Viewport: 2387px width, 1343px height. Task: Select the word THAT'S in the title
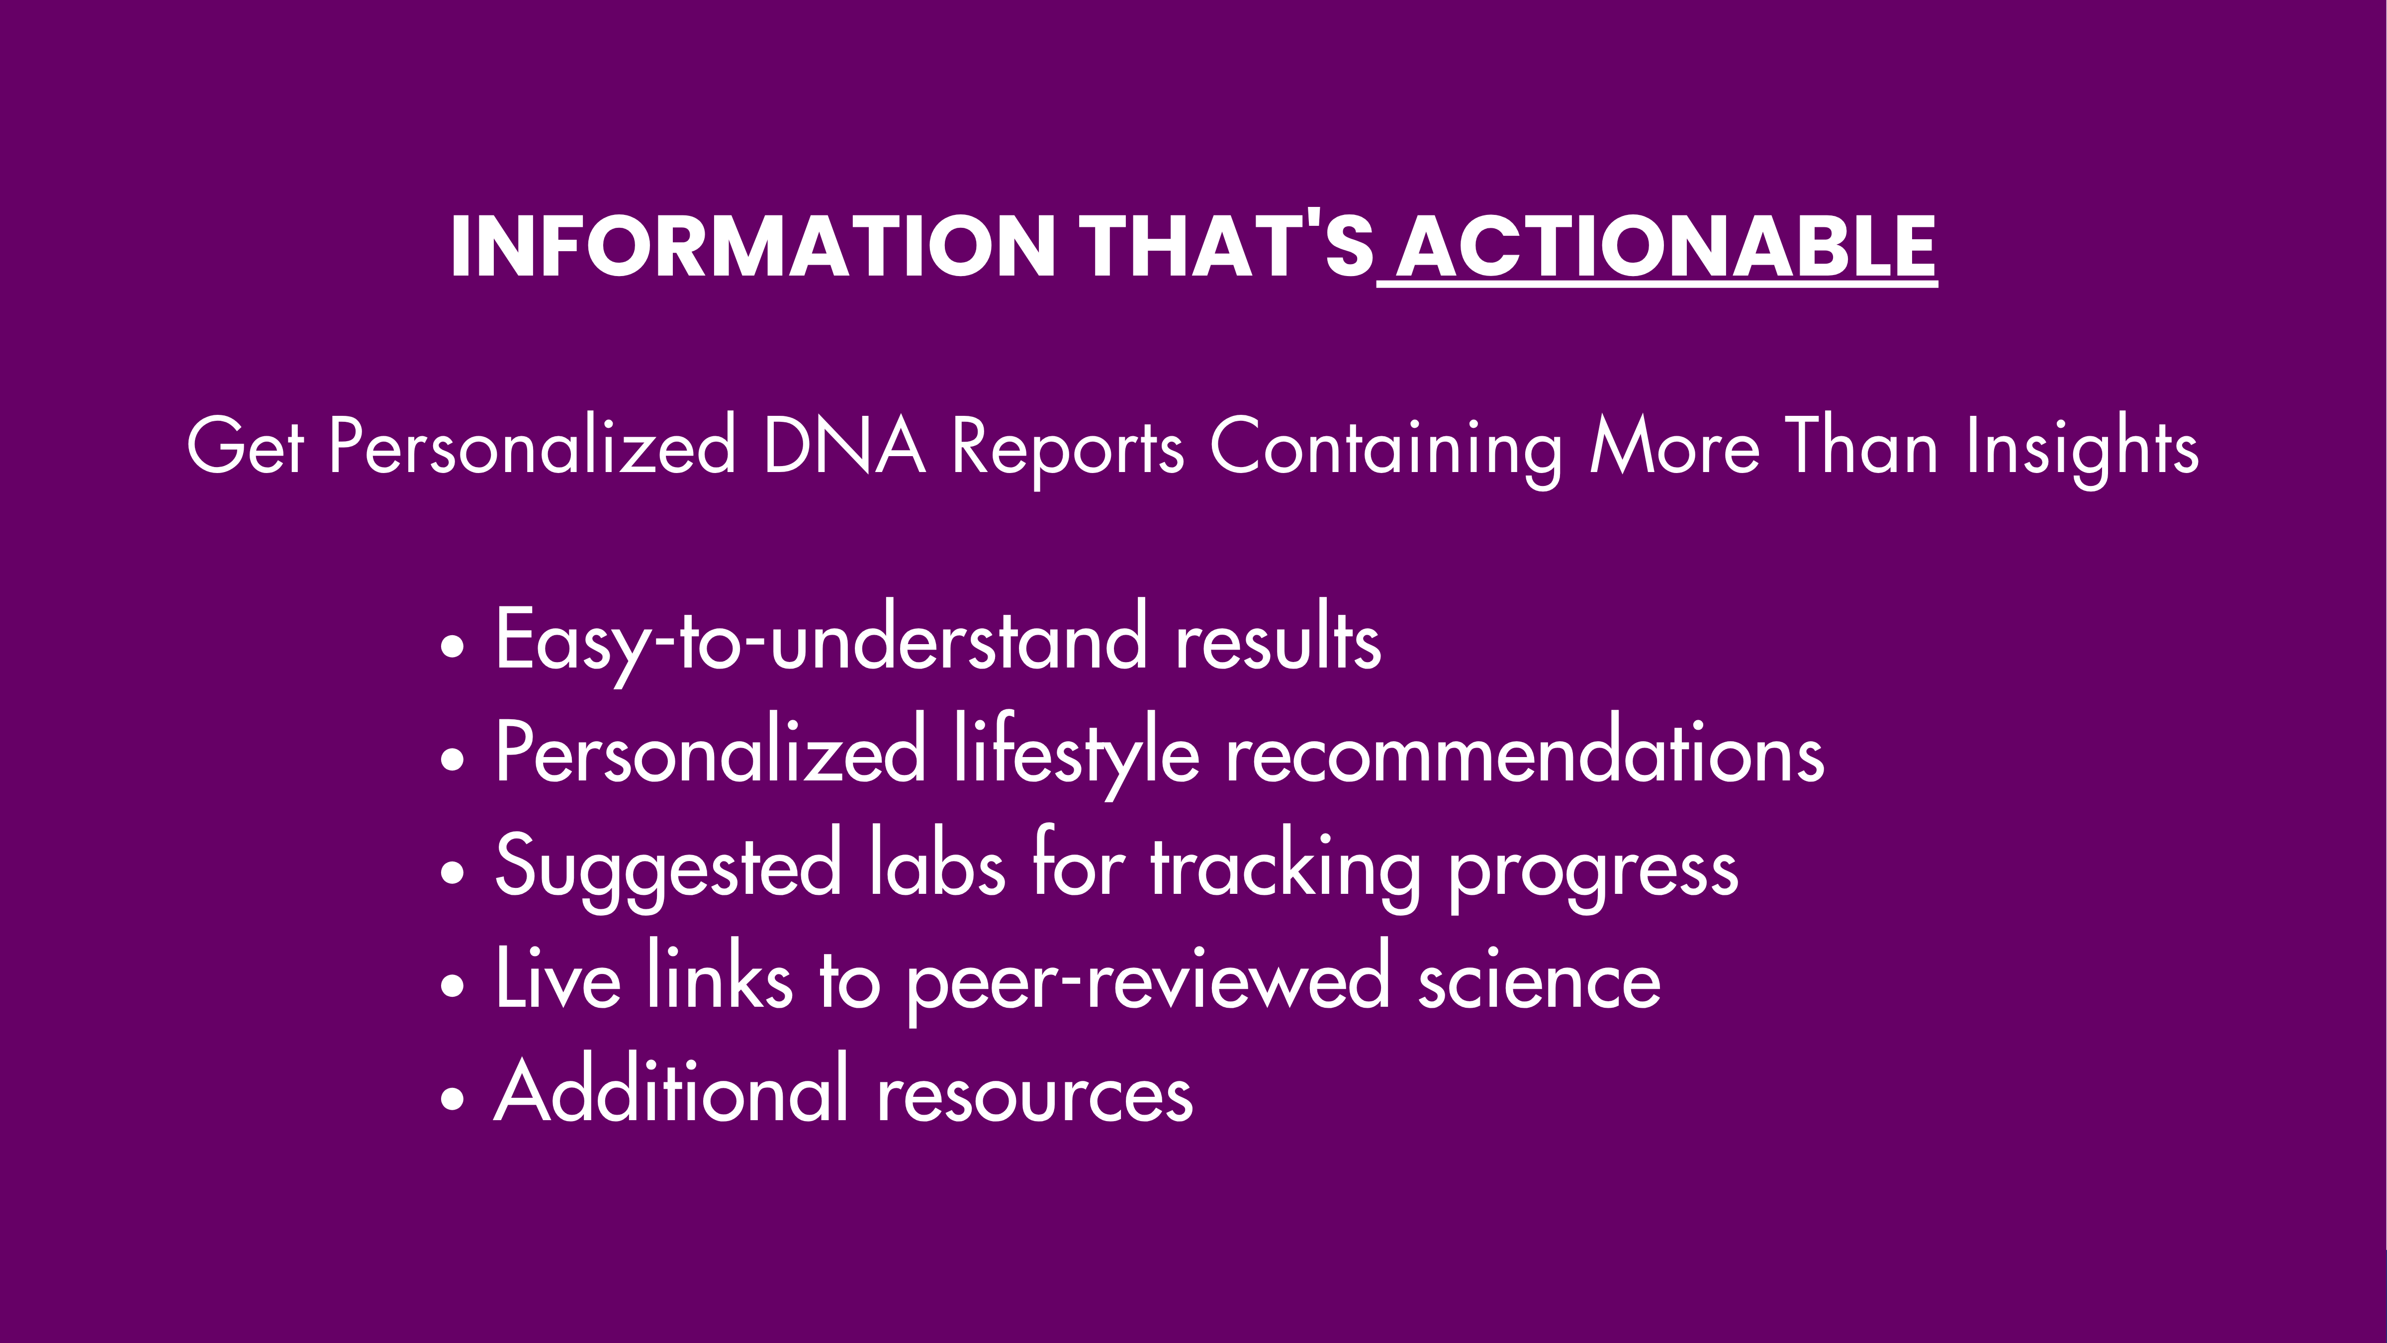click(x=1227, y=247)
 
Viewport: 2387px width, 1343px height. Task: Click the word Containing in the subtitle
click(x=1386, y=450)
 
